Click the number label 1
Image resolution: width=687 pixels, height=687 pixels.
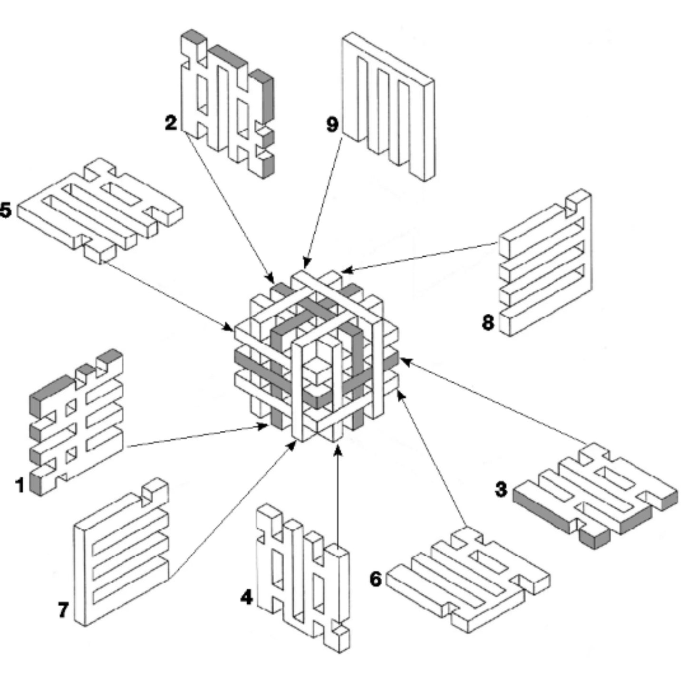click(19, 485)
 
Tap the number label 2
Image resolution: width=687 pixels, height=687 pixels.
click(171, 123)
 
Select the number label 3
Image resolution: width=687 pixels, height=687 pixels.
click(501, 489)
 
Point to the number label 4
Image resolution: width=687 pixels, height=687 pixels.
click(246, 597)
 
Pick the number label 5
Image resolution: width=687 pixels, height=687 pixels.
click(5, 210)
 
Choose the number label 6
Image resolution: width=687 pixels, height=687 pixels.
click(376, 579)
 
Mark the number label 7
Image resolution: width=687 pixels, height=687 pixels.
click(63, 610)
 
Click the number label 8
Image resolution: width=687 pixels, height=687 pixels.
click(488, 323)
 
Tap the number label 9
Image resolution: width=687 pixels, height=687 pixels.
click(332, 124)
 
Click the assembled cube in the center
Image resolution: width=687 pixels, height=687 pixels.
click(316, 357)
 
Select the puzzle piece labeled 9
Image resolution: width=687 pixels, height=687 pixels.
click(387, 107)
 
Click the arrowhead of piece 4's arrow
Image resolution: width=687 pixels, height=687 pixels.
click(338, 449)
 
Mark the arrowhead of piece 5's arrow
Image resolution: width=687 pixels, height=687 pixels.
click(230, 329)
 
